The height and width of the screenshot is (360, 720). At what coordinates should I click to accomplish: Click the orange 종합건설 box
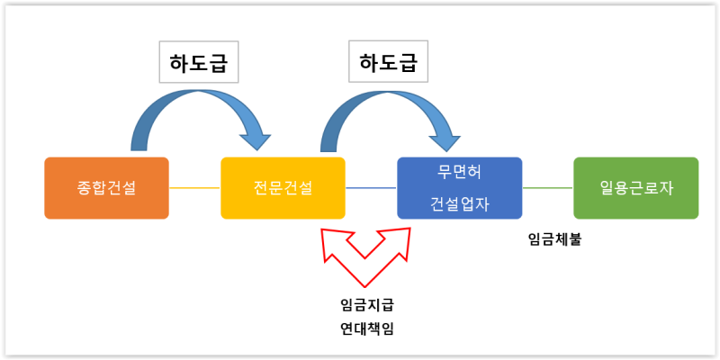coord(106,188)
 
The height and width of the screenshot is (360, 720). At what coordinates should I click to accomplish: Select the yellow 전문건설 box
coord(283,188)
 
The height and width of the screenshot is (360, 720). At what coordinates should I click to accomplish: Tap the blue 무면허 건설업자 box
coord(459,188)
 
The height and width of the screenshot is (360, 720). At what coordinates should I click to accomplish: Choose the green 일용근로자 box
coord(635,188)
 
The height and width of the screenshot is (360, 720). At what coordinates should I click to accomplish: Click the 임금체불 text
coord(554,240)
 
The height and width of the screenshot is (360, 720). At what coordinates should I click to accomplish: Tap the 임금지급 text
coord(366,304)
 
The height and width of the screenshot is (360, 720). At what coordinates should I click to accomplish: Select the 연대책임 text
coord(366,328)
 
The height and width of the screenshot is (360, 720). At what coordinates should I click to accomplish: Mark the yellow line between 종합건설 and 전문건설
coord(194,188)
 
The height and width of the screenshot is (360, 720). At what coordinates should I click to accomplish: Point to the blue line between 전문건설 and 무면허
coord(371,188)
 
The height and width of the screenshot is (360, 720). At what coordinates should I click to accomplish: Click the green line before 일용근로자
coord(547,188)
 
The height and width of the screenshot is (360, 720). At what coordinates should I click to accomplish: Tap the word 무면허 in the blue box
coord(459,173)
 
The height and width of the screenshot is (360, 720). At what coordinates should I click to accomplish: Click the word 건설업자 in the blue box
coord(459,203)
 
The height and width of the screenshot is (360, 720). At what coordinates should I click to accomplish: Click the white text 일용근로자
coord(635,188)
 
